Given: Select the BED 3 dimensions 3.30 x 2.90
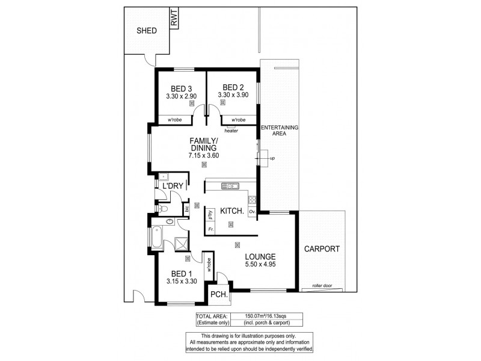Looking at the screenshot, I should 182,95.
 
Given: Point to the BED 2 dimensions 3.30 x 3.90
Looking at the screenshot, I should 233,95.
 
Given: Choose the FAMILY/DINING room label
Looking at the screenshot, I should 204,144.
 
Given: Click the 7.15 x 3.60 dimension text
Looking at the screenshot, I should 204,155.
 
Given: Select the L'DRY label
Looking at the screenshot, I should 171,187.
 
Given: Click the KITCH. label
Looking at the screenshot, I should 231,211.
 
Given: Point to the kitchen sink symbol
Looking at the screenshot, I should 230,185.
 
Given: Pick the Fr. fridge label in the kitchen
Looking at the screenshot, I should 210,229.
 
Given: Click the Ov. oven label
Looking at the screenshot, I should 253,212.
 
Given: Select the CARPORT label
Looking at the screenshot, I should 322,248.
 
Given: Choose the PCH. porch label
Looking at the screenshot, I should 217,295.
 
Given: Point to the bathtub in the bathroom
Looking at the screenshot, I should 157,238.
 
